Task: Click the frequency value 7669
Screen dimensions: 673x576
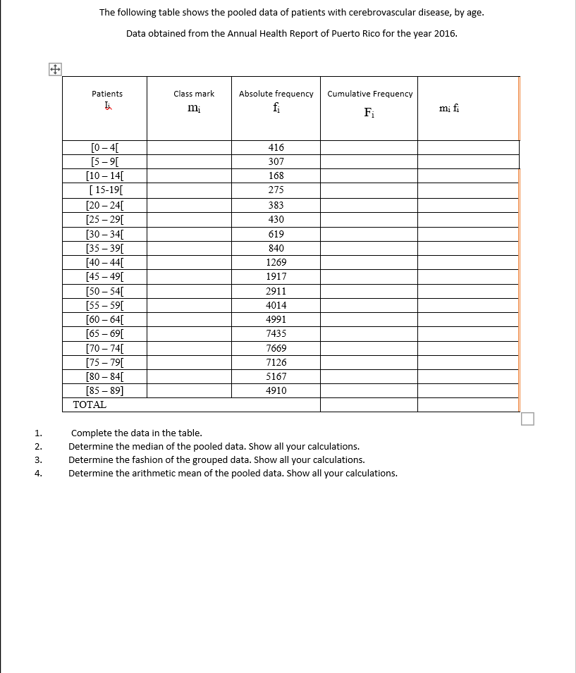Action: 276,348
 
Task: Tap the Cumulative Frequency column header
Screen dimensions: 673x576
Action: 370,94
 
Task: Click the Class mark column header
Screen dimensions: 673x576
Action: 194,94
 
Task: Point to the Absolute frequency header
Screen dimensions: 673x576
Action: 276,94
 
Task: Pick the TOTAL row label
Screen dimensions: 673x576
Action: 90,405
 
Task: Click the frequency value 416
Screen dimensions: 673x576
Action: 276,148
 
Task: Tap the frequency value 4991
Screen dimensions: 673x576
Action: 276,319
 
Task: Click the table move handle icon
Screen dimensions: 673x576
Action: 55,69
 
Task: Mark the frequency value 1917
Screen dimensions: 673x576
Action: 276,276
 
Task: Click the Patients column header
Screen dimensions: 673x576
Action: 107,94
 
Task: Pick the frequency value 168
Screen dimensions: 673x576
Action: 276,175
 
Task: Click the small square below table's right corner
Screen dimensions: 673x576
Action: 528,419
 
